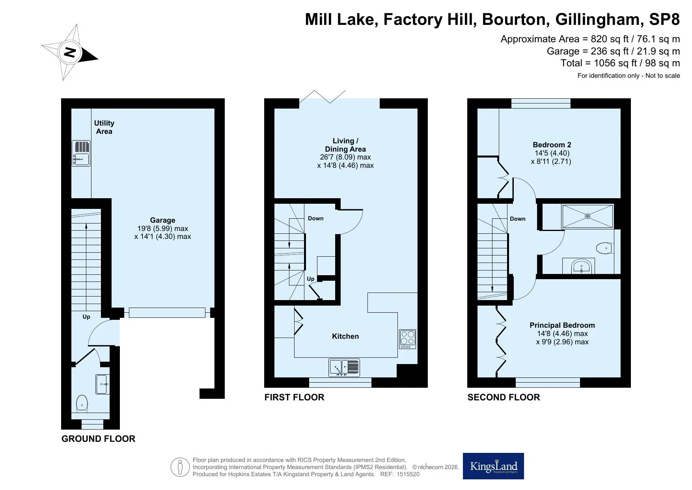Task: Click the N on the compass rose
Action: pyautogui.click(x=70, y=52)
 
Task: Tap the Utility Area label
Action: pyautogui.click(x=104, y=127)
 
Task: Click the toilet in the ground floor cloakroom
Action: pyautogui.click(x=82, y=403)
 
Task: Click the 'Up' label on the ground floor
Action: pyautogui.click(x=86, y=317)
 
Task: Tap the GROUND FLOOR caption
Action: pyautogui.click(x=98, y=439)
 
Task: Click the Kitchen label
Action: pyautogui.click(x=345, y=336)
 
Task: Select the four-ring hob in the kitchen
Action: pyautogui.click(x=408, y=339)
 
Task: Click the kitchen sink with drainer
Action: pyautogui.click(x=344, y=368)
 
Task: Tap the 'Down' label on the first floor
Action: pyautogui.click(x=315, y=218)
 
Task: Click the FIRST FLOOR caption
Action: pyautogui.click(x=294, y=397)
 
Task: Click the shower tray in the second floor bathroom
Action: pyautogui.click(x=588, y=216)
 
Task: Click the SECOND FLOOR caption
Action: pyautogui.click(x=504, y=397)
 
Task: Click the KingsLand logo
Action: pyautogui.click(x=493, y=466)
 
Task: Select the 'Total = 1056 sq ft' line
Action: pyautogui.click(x=620, y=63)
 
